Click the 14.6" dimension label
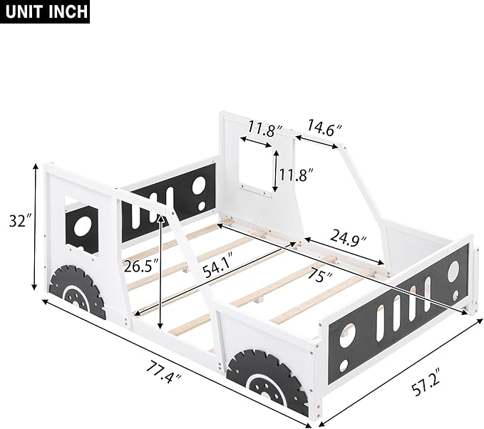[x=324, y=129]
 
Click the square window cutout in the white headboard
[x=257, y=165]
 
